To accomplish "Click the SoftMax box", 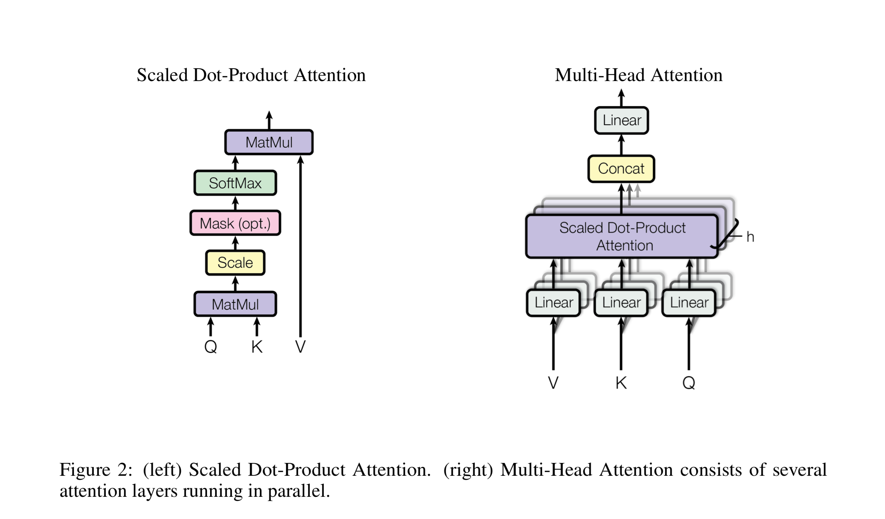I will pos(235,183).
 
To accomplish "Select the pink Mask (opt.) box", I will pos(235,223).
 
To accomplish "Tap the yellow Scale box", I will pos(235,263).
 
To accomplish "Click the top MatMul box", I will pos(269,142).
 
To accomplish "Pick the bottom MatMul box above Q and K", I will pos(235,304).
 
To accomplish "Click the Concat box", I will pos(621,169).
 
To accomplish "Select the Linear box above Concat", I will pos(622,120).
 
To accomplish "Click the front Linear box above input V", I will pos(553,303).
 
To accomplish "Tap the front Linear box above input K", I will pos(621,303).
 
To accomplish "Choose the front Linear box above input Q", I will pos(689,303).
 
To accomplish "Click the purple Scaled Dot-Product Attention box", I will pos(622,237).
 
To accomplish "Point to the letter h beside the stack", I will pos(750,237).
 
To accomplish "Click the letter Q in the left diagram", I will pos(211,346).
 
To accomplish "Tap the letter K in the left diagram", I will pos(257,346).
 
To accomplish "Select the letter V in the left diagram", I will pos(300,346).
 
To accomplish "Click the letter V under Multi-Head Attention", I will pos(553,383).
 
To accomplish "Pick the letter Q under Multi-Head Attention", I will pos(689,383).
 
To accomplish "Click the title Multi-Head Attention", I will pos(638,75).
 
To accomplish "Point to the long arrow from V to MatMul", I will pos(300,245).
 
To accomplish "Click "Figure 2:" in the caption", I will pos(96,470).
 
